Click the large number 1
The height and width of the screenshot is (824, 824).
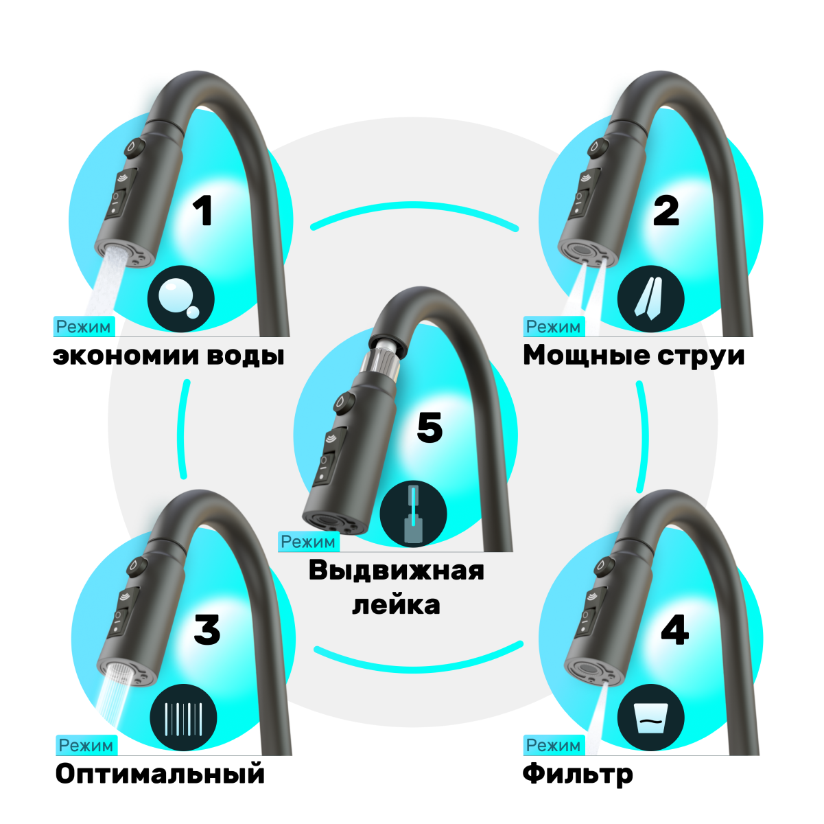(202, 211)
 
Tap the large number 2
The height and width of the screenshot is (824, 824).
(666, 211)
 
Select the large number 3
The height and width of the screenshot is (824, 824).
(207, 630)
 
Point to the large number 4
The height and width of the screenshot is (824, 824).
(674, 630)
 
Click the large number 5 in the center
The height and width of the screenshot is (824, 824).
(429, 428)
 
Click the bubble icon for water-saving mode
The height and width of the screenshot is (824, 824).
(180, 299)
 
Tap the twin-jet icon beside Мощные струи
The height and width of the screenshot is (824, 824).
(650, 299)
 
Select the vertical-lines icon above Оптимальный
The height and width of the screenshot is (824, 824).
(183, 718)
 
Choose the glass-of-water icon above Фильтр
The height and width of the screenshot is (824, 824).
(650, 718)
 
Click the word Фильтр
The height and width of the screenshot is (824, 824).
(578, 775)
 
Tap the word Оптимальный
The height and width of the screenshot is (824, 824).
(160, 774)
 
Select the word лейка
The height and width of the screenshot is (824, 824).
(396, 605)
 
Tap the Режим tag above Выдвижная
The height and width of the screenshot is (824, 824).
(308, 542)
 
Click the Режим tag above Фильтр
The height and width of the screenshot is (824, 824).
(553, 745)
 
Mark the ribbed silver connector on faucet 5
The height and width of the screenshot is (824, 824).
(385, 356)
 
